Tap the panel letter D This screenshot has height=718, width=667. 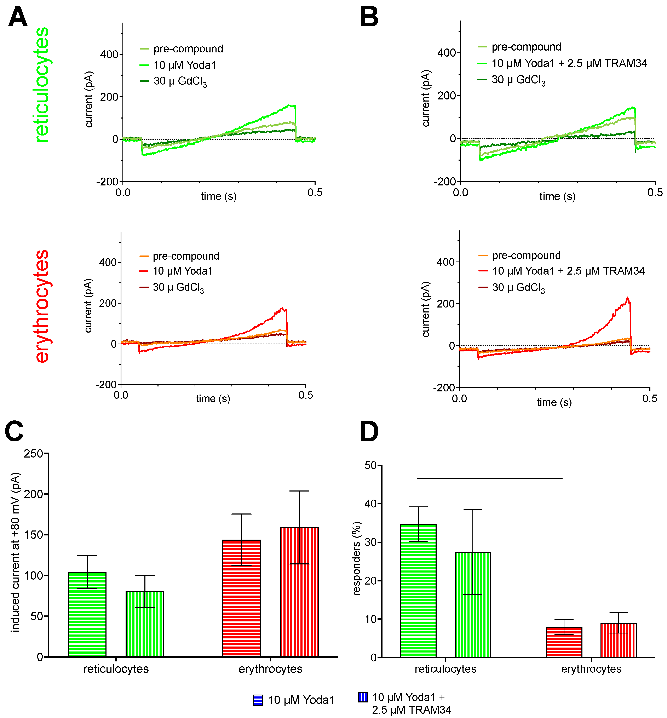pos(369,432)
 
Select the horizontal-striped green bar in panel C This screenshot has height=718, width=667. pos(87,614)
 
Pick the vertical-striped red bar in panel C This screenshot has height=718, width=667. pos(299,592)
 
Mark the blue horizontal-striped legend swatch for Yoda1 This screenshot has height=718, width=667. pos(258,700)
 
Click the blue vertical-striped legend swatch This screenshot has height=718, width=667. pos(363,697)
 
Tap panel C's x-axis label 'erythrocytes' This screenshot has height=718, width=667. pos(270,669)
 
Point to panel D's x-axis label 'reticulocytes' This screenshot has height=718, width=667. pos(445,669)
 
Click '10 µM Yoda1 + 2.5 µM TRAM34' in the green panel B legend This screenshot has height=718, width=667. pos(569,64)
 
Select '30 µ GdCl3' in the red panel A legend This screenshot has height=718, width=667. pos(178,287)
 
